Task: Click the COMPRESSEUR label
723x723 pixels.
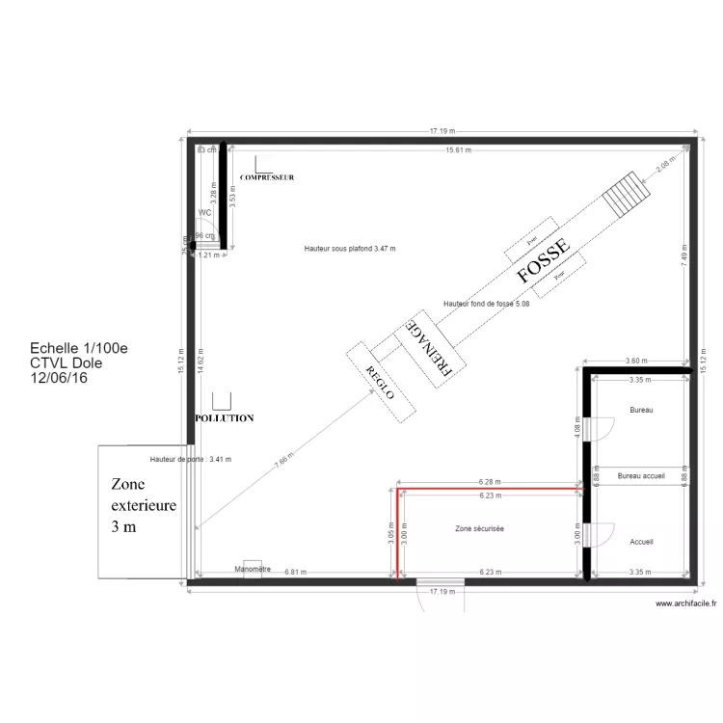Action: (267, 178)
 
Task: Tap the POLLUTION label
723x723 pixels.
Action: (224, 418)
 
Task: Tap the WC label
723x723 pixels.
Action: (204, 212)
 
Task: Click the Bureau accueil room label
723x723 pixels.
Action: (641, 476)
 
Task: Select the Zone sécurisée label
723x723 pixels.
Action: (480, 528)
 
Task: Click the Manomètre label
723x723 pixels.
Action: (254, 569)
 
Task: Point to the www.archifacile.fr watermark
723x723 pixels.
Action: (686, 603)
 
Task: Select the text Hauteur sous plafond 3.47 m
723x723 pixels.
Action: (350, 249)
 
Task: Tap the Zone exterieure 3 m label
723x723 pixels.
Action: (144, 506)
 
